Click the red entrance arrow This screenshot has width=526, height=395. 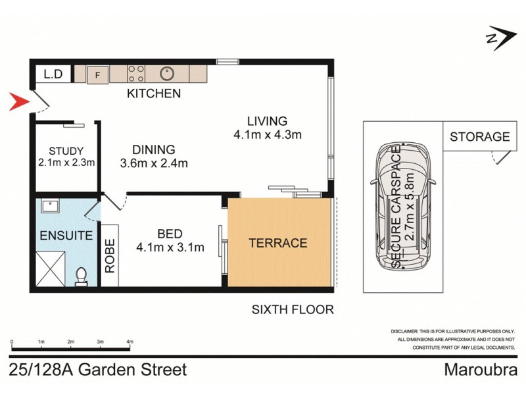click(x=19, y=102)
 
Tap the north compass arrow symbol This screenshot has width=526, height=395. click(x=499, y=38)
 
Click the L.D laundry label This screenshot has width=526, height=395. click(x=53, y=74)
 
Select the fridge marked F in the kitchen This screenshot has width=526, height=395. click(x=97, y=74)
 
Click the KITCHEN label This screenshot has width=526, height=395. click(x=154, y=94)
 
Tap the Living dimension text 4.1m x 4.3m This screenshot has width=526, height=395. click(x=267, y=136)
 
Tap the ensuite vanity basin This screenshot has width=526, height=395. click(x=50, y=207)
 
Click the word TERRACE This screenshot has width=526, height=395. click(x=278, y=243)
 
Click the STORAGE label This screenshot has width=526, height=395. click(x=479, y=137)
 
